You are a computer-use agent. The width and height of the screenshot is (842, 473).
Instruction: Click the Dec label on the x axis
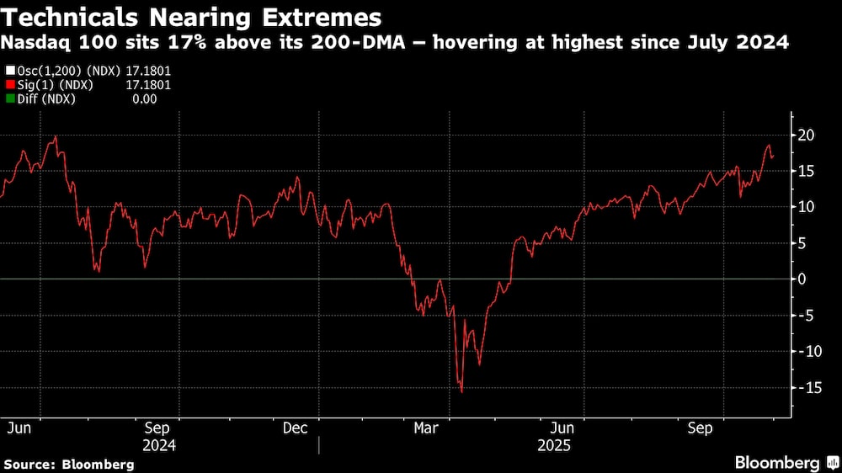point(295,428)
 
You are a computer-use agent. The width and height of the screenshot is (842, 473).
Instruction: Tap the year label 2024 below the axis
point(160,444)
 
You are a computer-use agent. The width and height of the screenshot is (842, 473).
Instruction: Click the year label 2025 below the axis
point(553,444)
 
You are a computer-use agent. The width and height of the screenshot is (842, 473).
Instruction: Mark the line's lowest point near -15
point(461,392)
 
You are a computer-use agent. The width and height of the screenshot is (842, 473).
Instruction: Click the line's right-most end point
point(773,157)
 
